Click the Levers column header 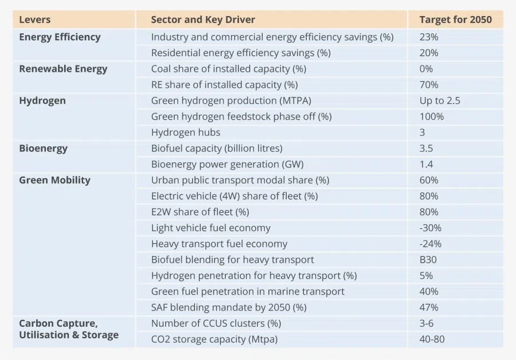click(35, 19)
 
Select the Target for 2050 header click(455, 19)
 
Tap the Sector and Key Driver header click(203, 19)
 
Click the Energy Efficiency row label click(60, 37)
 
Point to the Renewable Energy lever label click(63, 69)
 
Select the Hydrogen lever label click(42, 101)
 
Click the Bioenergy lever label click(43, 148)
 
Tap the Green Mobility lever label click(54, 180)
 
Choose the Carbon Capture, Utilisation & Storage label click(69, 329)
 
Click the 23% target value click(429, 37)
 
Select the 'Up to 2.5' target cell click(440, 101)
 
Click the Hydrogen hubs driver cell click(186, 132)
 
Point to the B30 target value click(428, 260)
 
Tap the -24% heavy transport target click(431, 244)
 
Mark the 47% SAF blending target click(429, 307)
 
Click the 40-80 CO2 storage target click(432, 339)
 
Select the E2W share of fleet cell click(200, 212)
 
